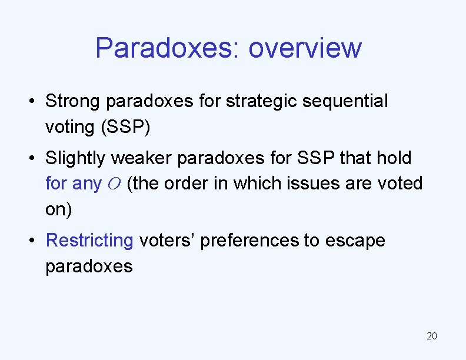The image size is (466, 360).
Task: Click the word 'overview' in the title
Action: click(305, 48)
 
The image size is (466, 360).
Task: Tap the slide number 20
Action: click(431, 336)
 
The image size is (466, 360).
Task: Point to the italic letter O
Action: click(114, 184)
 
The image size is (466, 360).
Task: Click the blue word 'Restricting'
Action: click(89, 241)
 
